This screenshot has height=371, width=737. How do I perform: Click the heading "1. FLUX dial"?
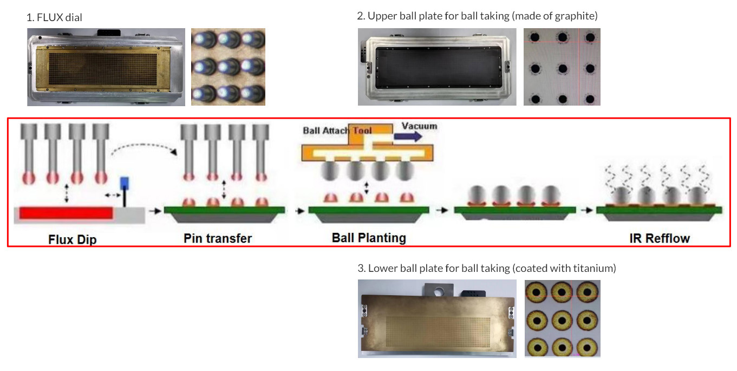[54, 17]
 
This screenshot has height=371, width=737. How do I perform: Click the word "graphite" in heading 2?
[577, 16]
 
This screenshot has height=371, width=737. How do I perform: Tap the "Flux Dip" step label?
[73, 238]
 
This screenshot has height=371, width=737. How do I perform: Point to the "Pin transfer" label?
[218, 238]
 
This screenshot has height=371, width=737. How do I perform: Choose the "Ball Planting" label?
[368, 238]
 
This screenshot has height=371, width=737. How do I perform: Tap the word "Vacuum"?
[419, 126]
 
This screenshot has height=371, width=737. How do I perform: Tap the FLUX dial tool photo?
[106, 67]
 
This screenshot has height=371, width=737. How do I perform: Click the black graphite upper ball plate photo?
[435, 67]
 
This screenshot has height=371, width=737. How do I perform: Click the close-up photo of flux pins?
[228, 67]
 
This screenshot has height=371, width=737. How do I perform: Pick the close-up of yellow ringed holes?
[562, 318]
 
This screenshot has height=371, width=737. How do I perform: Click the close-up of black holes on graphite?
[562, 67]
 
